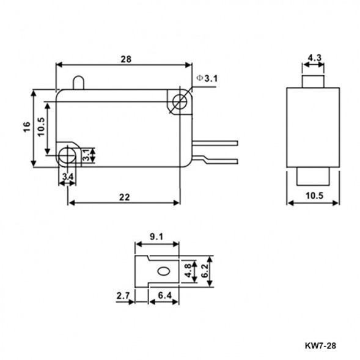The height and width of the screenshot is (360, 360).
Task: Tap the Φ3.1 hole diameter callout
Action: [x=207, y=78]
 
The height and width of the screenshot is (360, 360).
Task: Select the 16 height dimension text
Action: [x=26, y=127]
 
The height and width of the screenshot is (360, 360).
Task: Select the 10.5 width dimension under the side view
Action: [x=313, y=196]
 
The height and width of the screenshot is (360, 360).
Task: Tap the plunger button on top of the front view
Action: [x=78, y=83]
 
